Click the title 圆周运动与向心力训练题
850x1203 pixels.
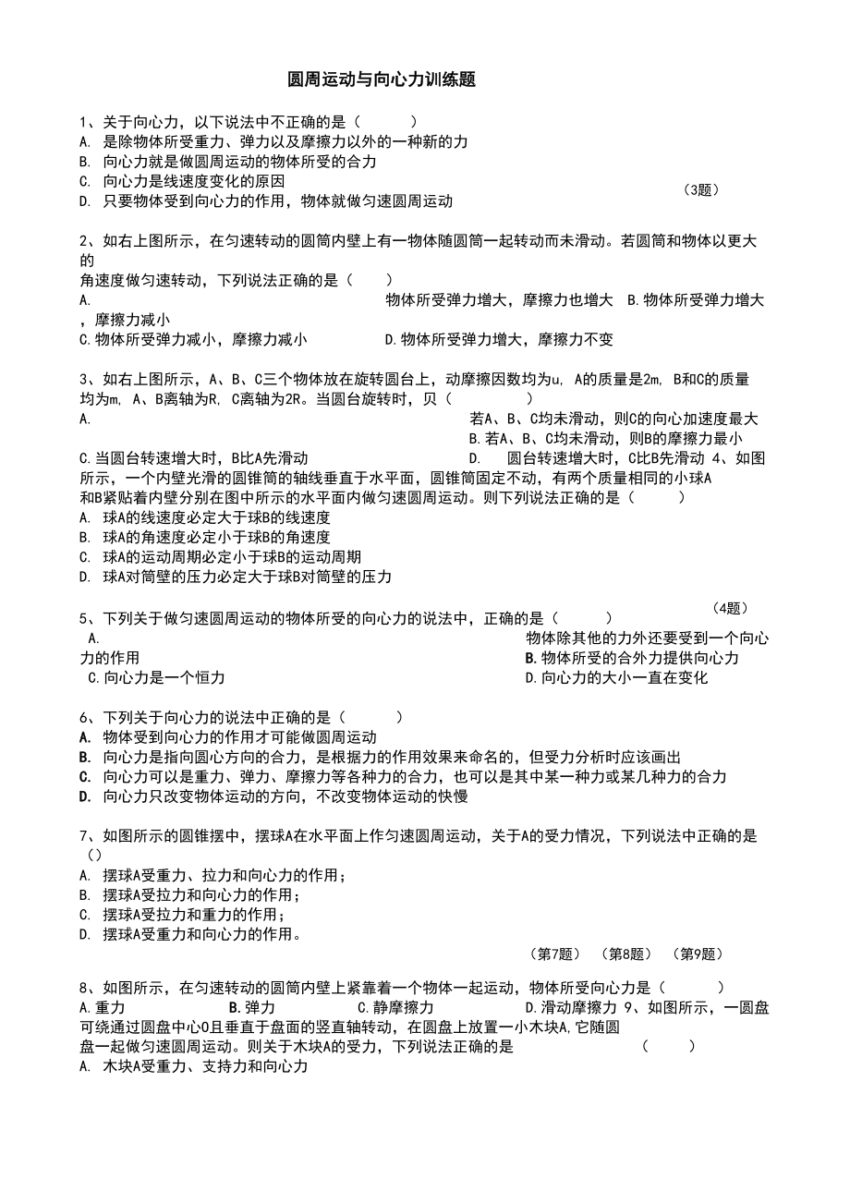pos(382,80)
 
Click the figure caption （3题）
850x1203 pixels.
pos(701,190)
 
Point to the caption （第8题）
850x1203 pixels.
pos(625,954)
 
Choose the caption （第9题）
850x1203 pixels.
pos(697,954)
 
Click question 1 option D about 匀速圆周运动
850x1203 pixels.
pos(266,201)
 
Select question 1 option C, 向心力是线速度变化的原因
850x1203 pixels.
pos(182,181)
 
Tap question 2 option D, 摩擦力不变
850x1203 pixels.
pos(499,340)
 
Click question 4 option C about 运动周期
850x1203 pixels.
pos(220,557)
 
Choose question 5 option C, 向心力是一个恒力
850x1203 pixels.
pos(156,678)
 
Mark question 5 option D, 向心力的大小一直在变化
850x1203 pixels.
pos(616,678)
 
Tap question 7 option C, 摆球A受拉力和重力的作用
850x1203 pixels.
pos(181,915)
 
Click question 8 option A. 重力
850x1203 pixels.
pos(103,1008)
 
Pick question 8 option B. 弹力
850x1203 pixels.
pos(252,1008)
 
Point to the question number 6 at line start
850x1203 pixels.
pos(84,717)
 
